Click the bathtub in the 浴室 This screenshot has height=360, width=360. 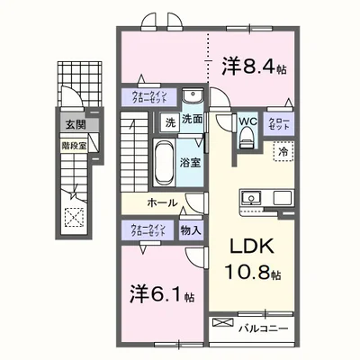click(165, 162)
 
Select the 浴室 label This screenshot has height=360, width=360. click(189, 164)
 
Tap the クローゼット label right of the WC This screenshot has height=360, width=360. click(277, 125)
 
